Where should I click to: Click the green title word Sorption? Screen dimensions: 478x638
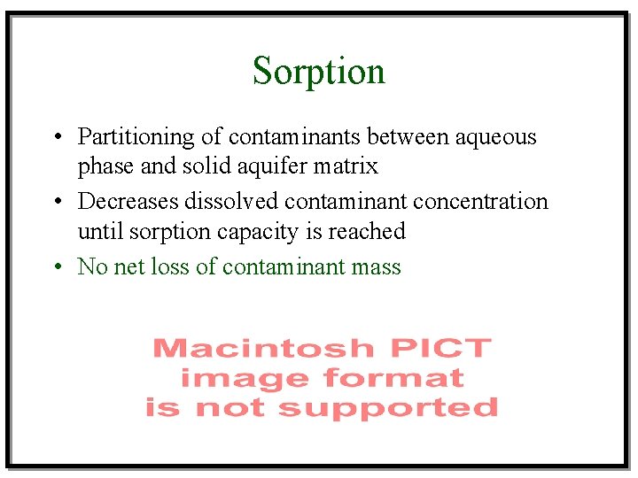click(x=318, y=71)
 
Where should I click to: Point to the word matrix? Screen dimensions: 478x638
click(x=349, y=166)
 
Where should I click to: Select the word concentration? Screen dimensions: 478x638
click(x=481, y=202)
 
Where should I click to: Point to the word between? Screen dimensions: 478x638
click(x=408, y=137)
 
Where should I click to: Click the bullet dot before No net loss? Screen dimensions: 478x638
click(x=56, y=267)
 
